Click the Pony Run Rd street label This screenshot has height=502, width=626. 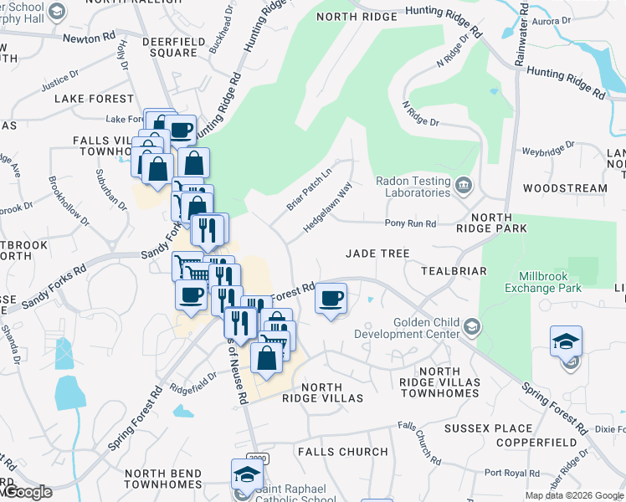(x=410, y=223)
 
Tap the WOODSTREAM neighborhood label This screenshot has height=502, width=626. (x=565, y=188)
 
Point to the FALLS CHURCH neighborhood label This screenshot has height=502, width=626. (x=343, y=452)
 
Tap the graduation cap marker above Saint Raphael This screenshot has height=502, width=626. (x=247, y=474)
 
